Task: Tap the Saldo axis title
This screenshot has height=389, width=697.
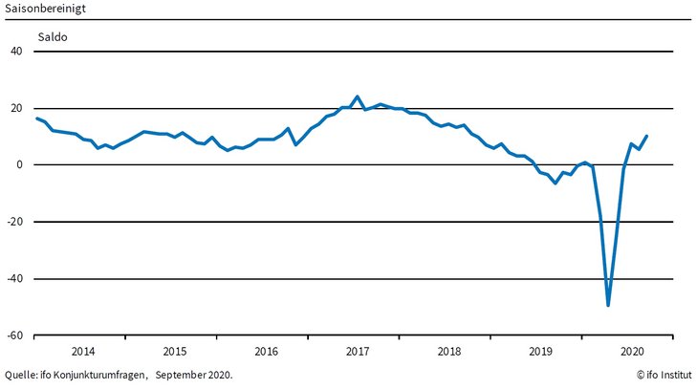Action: click(53, 37)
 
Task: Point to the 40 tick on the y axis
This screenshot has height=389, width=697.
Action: click(16, 52)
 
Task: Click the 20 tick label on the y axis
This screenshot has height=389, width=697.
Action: click(16, 108)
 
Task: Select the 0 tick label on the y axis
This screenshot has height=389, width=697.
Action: click(19, 165)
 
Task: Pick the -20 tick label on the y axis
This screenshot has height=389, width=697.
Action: click(14, 222)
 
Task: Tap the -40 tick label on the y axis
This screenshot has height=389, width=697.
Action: click(14, 279)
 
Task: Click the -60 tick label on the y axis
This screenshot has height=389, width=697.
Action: click(14, 335)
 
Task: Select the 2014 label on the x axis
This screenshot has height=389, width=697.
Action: click(83, 350)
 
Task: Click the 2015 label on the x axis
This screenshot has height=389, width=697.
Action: click(175, 350)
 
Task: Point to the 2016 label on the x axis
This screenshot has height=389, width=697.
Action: click(266, 350)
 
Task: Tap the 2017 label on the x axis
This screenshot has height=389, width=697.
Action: click(358, 350)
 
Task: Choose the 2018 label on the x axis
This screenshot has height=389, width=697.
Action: click(448, 350)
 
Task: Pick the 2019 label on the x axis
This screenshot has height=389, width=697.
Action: click(540, 350)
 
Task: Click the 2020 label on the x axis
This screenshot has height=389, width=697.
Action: click(631, 350)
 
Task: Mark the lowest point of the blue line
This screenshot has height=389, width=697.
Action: click(608, 306)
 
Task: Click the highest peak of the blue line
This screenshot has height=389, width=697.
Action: click(358, 97)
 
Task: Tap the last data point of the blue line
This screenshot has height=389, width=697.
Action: click(647, 136)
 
